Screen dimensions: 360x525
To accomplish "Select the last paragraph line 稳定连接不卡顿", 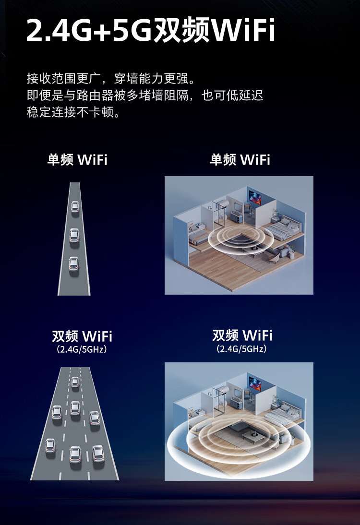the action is tap(73, 113).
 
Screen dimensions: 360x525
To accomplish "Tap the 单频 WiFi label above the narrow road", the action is tap(77, 160).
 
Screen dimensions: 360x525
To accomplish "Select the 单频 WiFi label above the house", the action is tap(240, 160).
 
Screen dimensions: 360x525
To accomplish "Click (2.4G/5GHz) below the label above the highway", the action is tap(82, 349).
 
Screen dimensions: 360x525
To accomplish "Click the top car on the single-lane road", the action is tap(75, 207).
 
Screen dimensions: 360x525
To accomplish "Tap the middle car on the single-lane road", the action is tap(74, 235).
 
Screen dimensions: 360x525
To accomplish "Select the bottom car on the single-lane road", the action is tap(73, 263).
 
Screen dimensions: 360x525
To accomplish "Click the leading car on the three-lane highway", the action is tap(75, 382).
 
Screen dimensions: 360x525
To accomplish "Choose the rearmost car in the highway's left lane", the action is tap(50, 446).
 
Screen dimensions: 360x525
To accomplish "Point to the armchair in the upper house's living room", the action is tap(274, 258).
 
